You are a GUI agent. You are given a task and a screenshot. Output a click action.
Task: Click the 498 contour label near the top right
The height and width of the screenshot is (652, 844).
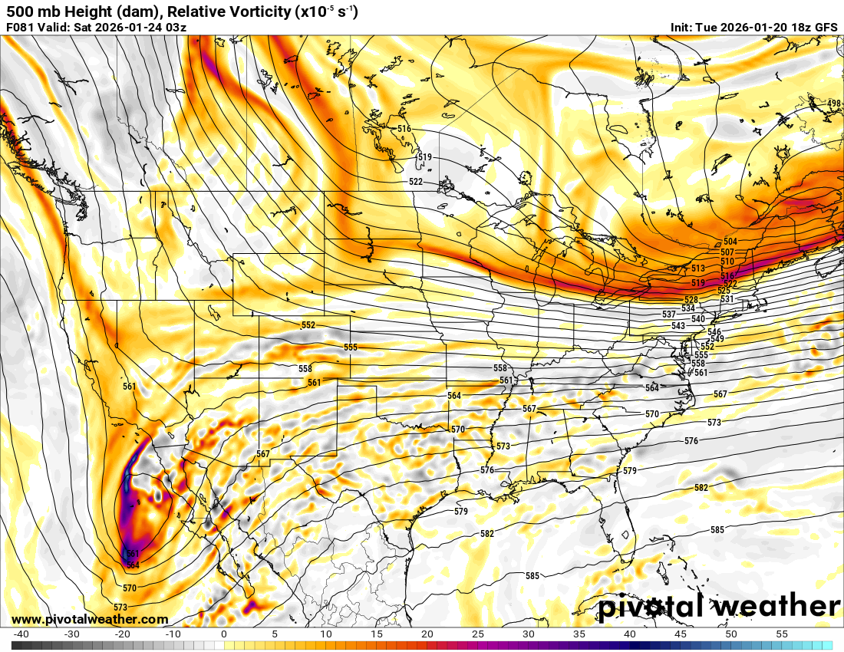(x=834, y=104)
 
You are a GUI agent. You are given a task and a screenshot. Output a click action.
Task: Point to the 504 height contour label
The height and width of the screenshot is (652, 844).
(x=730, y=242)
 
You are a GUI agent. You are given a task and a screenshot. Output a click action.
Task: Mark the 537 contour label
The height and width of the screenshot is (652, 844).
(x=669, y=314)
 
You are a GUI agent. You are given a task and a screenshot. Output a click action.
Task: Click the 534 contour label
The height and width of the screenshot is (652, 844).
(x=688, y=308)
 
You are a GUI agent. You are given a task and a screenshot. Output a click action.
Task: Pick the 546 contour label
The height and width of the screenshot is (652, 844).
(x=714, y=331)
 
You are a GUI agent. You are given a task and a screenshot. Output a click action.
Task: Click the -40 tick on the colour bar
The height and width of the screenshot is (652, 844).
(x=21, y=634)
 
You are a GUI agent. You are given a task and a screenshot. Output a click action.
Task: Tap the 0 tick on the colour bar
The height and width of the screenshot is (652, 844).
(x=223, y=634)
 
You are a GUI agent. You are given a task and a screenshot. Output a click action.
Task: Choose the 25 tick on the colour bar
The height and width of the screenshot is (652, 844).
(x=477, y=634)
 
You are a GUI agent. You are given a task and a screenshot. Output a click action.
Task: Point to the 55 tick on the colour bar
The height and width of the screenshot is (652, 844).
(x=782, y=634)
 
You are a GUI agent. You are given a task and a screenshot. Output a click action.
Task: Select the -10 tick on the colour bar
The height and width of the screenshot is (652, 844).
(x=173, y=634)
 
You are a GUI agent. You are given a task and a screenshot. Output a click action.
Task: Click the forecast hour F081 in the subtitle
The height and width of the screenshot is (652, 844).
(x=21, y=28)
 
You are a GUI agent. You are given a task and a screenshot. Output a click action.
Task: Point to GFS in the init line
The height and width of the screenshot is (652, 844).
(x=826, y=28)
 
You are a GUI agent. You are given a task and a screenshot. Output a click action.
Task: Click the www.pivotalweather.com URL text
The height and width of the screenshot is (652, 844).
(x=90, y=619)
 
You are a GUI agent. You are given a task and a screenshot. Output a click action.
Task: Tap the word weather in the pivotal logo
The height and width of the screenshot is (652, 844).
(x=776, y=607)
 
